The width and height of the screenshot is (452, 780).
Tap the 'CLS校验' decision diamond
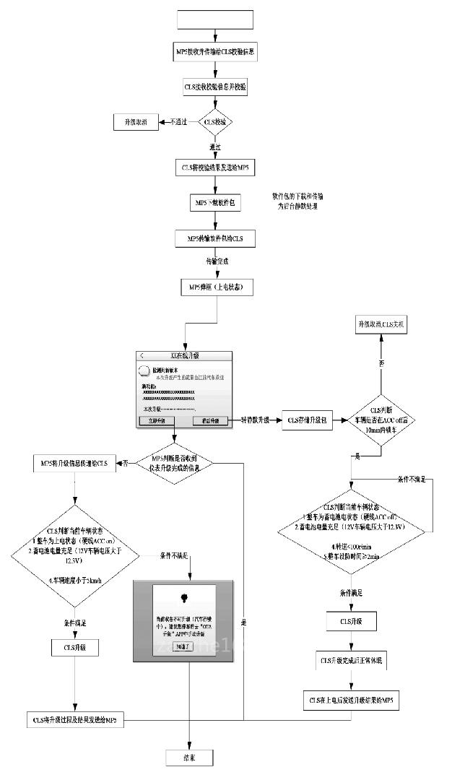point(215,122)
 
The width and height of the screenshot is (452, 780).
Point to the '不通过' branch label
point(178,122)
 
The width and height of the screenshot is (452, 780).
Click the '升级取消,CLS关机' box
point(381,326)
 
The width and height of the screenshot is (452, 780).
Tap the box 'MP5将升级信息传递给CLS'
point(74,463)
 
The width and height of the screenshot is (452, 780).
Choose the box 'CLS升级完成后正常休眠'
point(350,661)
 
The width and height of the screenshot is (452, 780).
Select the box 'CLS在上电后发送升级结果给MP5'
point(350,699)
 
